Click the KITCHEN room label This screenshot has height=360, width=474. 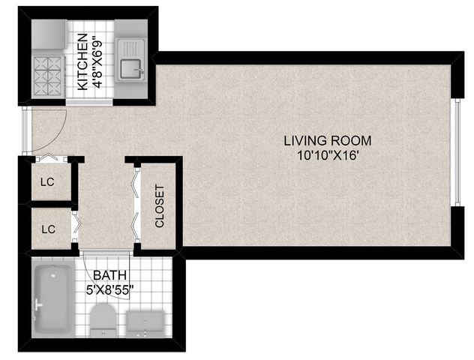(x=82, y=62)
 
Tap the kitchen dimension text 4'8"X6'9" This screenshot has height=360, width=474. (x=97, y=62)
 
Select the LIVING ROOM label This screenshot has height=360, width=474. (x=328, y=141)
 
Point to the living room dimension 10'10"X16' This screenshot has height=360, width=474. (x=328, y=156)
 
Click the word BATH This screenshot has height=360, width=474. (x=109, y=275)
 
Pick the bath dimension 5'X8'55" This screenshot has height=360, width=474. (x=109, y=290)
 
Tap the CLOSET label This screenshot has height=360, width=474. (x=159, y=206)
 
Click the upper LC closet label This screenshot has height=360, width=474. (x=47, y=182)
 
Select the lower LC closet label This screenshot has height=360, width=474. (x=48, y=229)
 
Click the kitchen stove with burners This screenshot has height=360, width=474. (x=48, y=76)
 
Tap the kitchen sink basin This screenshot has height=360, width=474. (x=131, y=69)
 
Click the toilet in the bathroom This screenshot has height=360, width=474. (x=103, y=320)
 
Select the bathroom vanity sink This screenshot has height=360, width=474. (x=145, y=324)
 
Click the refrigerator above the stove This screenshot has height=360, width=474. (x=49, y=34)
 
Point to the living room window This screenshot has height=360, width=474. (x=457, y=152)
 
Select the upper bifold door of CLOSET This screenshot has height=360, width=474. (x=136, y=182)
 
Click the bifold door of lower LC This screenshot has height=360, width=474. (x=76, y=225)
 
